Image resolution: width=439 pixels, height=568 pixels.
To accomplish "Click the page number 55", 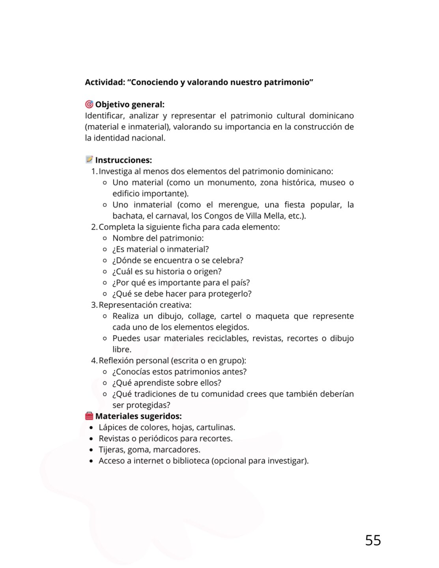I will pos(373,540).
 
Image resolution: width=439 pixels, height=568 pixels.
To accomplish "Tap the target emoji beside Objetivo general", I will pos(89,104).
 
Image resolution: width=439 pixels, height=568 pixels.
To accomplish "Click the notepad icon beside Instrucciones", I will pos(89,159).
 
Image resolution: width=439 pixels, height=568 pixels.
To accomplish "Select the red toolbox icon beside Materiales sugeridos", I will pos(89,416).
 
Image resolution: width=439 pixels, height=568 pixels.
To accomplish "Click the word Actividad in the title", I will pos(104,82).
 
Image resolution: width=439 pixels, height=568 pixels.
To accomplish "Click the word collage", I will pos(202,316).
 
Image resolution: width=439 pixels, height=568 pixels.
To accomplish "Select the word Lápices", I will pos(112,427).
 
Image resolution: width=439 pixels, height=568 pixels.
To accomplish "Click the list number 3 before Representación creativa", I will pos(94,305).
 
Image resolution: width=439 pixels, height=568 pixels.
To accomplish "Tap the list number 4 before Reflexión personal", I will pos(94,361).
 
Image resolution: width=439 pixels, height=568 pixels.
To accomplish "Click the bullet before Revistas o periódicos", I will pos(91,439).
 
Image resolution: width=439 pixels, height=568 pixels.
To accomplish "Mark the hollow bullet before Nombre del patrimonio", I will pos(105,238).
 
